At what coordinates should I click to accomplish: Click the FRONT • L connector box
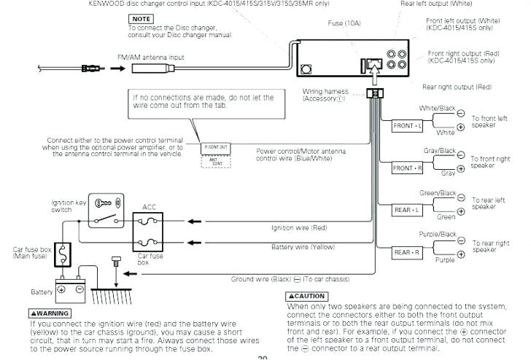point(408,125)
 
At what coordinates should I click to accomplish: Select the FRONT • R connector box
point(408,168)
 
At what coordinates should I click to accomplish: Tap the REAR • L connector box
point(408,211)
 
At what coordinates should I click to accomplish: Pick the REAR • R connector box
point(408,252)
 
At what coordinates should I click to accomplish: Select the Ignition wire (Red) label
point(300,227)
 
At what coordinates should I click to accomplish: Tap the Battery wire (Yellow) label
point(303,247)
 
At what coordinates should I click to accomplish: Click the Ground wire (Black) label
point(290,279)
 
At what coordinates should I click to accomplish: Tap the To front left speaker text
point(489,121)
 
